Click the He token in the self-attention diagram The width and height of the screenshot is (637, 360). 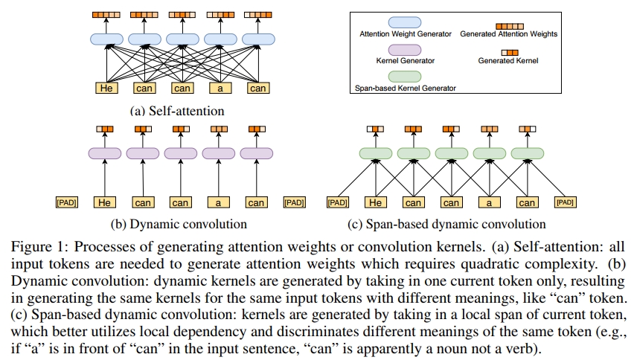pos(106,88)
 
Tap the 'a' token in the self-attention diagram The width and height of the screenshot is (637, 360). pos(220,88)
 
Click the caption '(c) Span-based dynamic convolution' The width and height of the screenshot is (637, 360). pos(446,223)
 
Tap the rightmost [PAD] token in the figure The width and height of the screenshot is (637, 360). pos(567,202)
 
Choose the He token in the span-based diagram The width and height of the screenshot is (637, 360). pos(376,202)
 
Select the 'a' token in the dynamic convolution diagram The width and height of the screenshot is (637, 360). pos(220,202)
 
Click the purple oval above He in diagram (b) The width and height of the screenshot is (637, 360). pos(105,153)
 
